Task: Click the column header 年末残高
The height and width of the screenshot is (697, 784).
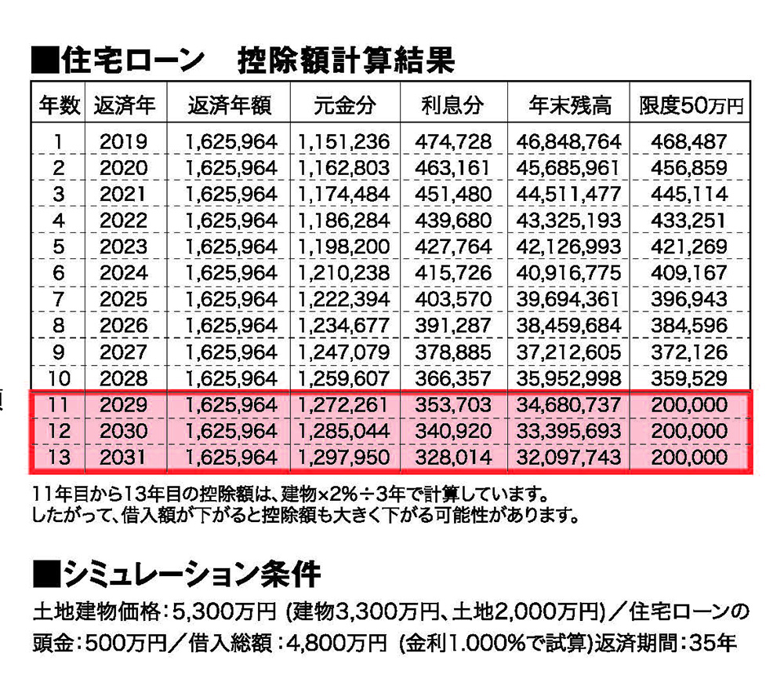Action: (x=568, y=104)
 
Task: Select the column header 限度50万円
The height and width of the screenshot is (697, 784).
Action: (x=690, y=104)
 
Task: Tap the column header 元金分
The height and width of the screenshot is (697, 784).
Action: (x=344, y=104)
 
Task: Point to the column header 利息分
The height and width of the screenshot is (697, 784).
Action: (x=452, y=104)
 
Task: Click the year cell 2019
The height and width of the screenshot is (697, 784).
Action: (x=123, y=142)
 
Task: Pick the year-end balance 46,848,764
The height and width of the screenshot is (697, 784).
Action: (x=568, y=142)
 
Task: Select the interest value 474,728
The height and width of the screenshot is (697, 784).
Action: (x=452, y=142)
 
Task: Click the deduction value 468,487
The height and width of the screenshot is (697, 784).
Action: (x=690, y=142)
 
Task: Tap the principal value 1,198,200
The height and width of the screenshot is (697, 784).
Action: (x=344, y=247)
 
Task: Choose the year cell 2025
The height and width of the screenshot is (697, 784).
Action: (x=123, y=300)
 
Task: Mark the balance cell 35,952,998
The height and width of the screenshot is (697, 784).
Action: (x=568, y=379)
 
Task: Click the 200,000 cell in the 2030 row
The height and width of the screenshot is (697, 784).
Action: (x=690, y=432)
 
